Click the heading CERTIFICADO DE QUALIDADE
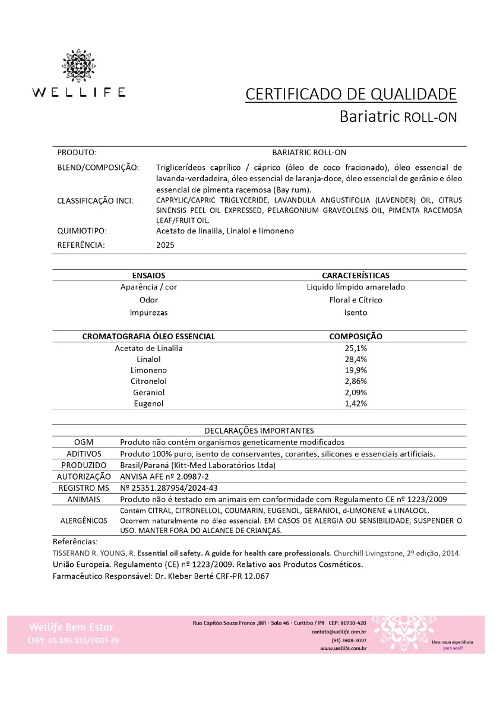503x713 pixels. coord(351,94)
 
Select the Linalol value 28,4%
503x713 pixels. coord(356,359)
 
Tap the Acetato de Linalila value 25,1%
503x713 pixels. coord(356,348)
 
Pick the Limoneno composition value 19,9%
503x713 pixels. coord(356,370)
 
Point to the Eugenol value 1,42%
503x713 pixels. coord(356,403)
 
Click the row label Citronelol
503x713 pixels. coord(148,381)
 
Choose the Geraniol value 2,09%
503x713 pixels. coord(356,392)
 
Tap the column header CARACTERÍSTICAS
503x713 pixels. coord(356,276)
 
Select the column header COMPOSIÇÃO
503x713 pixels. coord(356,336)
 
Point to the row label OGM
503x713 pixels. coord(84,442)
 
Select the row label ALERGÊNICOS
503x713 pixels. coord(84,520)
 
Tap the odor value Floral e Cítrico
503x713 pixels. coord(356,300)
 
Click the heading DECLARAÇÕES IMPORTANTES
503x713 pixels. coord(259,431)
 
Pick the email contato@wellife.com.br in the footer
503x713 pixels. coord(339,632)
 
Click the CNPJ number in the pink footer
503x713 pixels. coord(73,641)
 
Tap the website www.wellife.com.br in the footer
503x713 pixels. coord(343,648)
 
